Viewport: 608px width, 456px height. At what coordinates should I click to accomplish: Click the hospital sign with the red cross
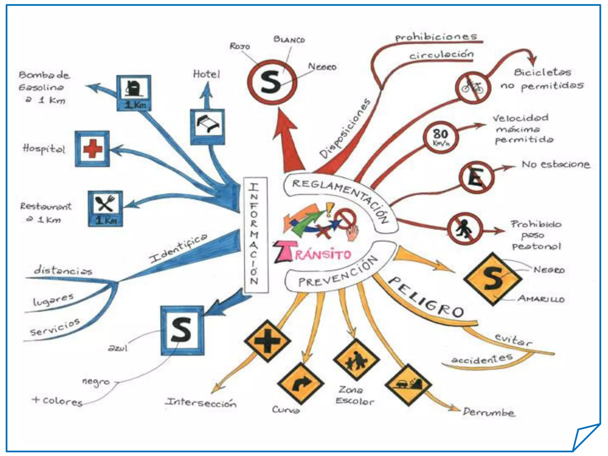point(92,149)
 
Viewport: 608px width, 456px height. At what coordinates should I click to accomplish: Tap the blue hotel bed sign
point(208,126)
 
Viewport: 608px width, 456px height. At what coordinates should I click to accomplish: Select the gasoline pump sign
point(134,93)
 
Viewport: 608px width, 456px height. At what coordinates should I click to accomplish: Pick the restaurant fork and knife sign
point(105,208)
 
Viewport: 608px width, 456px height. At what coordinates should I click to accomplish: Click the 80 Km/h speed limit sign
point(441,137)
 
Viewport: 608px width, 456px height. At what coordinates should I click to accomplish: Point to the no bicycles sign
point(473,88)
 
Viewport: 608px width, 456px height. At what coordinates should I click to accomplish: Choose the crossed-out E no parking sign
point(476,178)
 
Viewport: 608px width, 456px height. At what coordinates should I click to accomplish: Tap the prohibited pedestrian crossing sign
point(465,229)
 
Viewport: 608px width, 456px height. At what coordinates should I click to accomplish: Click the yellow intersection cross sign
point(267,341)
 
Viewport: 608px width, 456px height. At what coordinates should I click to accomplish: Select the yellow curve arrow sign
point(300,383)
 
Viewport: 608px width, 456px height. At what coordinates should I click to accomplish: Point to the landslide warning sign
point(408,385)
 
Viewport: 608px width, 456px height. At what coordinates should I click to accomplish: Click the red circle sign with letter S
point(272,82)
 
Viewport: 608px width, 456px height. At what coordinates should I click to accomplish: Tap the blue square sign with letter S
point(182,330)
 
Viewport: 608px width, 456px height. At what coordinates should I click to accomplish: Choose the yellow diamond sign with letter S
point(493,279)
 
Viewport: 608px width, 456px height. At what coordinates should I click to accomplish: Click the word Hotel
point(207,74)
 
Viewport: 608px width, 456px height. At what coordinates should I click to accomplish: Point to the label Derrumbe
point(488,412)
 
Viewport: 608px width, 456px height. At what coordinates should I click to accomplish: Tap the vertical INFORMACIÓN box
point(255,235)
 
